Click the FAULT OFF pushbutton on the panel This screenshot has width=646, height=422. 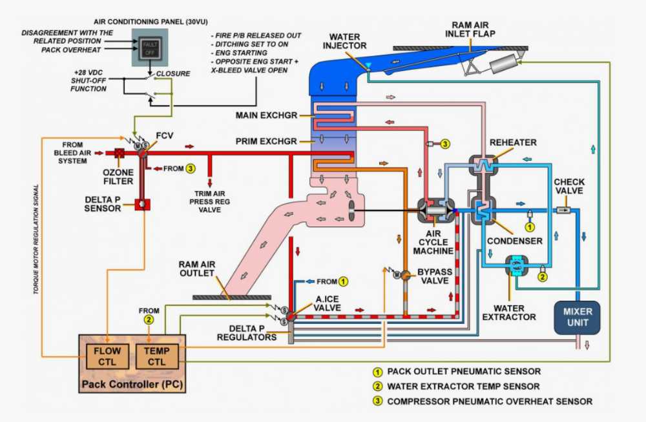click(149, 46)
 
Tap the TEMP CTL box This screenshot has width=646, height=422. click(156, 356)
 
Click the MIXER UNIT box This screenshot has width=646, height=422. click(577, 317)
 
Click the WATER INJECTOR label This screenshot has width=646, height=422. click(348, 41)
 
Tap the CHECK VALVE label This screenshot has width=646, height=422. click(568, 186)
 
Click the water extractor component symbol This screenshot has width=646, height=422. click(517, 267)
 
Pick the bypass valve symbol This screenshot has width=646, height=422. click(404, 275)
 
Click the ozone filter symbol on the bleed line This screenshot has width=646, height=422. click(120, 154)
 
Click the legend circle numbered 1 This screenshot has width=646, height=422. click(376, 372)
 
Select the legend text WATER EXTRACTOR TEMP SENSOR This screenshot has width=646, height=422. click(463, 387)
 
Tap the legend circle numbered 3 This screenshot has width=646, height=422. click(376, 401)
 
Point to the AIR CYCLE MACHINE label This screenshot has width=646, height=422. click(436, 241)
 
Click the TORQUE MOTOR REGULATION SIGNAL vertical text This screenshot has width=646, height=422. click(37, 239)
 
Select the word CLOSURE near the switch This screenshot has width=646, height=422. click(173, 74)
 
